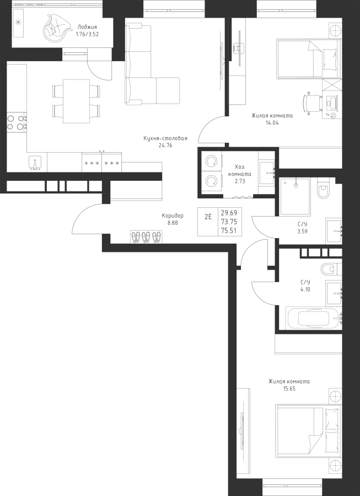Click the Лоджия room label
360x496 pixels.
click(87, 27)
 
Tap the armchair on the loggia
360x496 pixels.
click(56, 28)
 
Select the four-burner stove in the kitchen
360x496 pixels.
click(17, 122)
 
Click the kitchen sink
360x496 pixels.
click(35, 163)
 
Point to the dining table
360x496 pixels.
click(76, 101)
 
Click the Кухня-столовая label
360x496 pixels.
click(165, 138)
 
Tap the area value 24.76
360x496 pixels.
click(165, 145)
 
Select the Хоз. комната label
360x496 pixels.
click(240, 170)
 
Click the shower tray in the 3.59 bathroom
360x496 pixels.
click(295, 196)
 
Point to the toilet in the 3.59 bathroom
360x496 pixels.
click(324, 188)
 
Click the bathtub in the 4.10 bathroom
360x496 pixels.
click(314, 317)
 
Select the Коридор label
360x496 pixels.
click(173, 215)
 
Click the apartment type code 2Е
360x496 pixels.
click(208, 217)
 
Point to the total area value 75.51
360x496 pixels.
click(229, 230)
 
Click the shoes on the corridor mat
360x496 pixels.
click(146, 237)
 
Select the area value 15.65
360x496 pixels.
click(289, 389)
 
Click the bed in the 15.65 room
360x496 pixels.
click(308, 430)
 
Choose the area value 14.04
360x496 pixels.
click(272, 123)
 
